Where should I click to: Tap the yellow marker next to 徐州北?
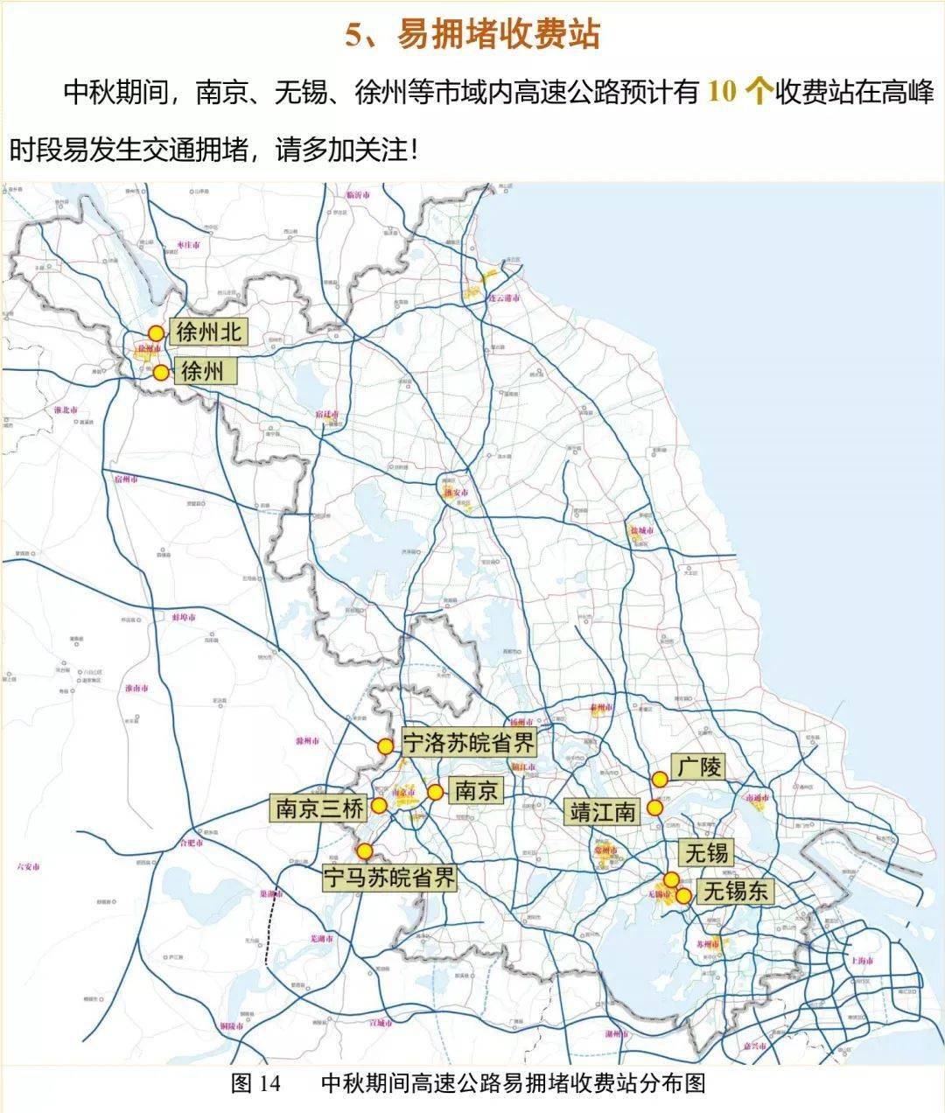(x=156, y=333)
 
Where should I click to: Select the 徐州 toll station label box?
(x=202, y=372)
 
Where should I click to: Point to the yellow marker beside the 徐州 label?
(x=161, y=373)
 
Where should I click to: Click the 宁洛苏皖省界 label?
(x=467, y=744)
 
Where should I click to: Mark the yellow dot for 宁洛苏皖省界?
(x=385, y=746)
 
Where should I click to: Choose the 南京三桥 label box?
(x=318, y=808)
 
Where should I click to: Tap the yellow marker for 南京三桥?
(x=380, y=805)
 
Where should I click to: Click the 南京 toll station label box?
(x=477, y=791)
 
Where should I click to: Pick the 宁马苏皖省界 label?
(x=390, y=878)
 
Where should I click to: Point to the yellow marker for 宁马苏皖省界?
(x=365, y=850)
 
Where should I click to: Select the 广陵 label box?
(x=699, y=767)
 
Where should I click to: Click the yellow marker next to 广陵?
(x=660, y=779)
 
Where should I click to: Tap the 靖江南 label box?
(x=603, y=811)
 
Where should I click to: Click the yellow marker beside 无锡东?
(x=683, y=894)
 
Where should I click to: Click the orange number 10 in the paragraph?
(x=722, y=92)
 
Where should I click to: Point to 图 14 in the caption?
(x=255, y=1083)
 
